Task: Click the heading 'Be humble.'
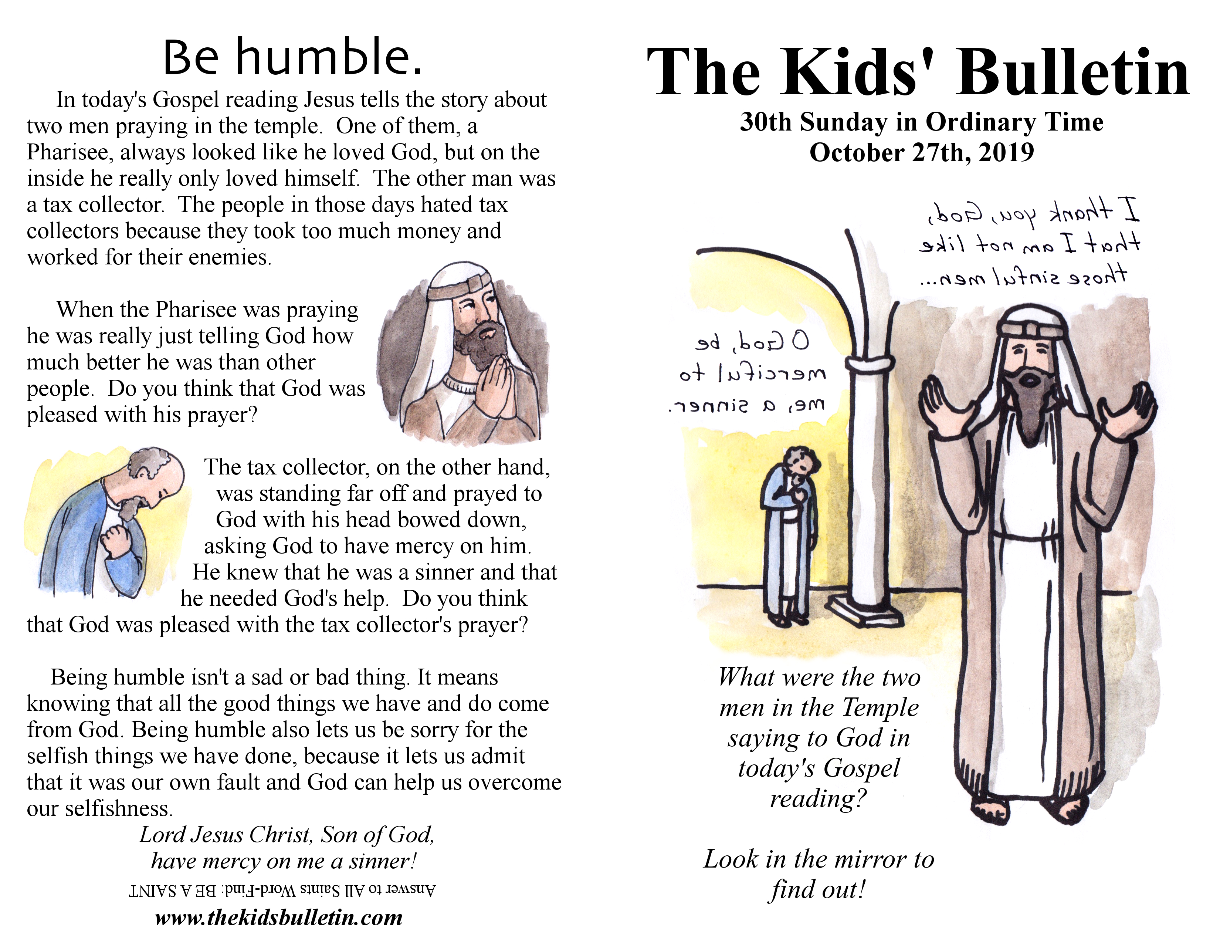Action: point(292,58)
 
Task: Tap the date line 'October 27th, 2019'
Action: point(922,152)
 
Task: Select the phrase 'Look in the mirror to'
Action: point(819,859)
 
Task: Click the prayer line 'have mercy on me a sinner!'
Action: point(284,861)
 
